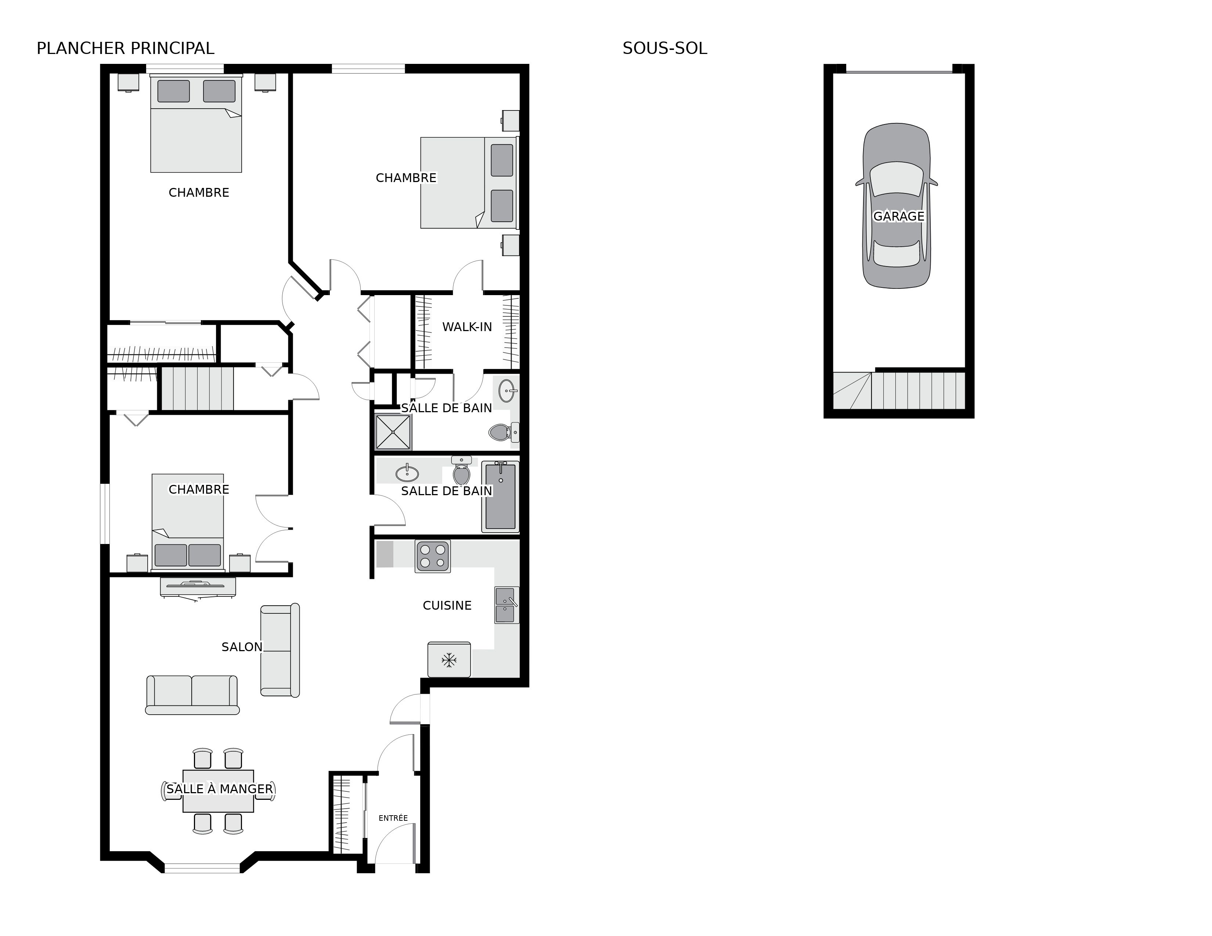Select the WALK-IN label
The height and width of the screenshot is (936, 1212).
(467, 327)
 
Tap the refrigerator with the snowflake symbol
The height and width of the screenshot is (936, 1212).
(448, 660)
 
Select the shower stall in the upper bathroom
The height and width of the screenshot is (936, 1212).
(393, 431)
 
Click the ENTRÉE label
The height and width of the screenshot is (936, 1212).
(393, 818)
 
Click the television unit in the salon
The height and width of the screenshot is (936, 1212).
(198, 586)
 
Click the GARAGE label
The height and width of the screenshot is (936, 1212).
(898, 216)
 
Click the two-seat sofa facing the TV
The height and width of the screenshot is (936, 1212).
(192, 694)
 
